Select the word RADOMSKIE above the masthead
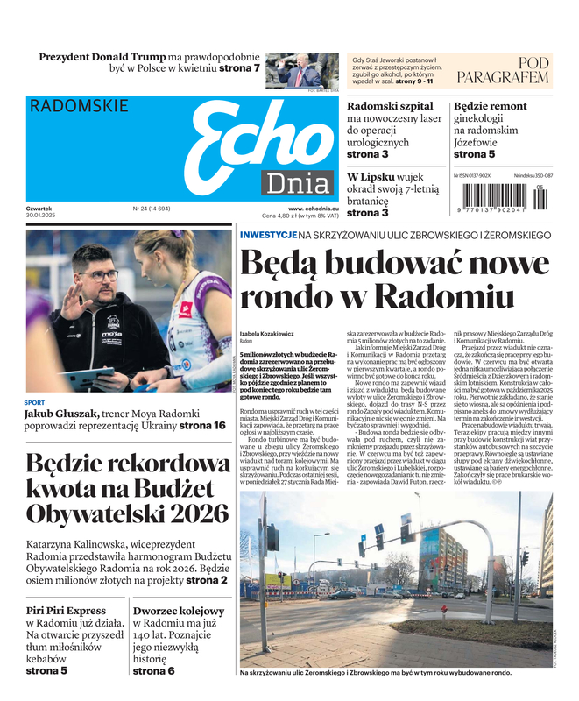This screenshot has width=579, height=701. tap(79, 106)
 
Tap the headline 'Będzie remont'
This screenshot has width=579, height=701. tap(490, 106)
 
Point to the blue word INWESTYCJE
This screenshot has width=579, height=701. tap(267, 235)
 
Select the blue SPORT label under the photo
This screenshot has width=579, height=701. tap(34, 403)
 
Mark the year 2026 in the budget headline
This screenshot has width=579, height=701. tap(194, 513)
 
